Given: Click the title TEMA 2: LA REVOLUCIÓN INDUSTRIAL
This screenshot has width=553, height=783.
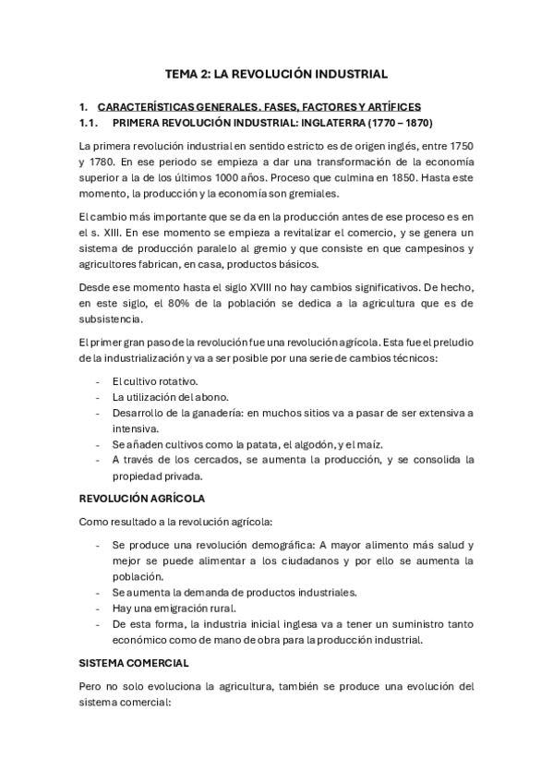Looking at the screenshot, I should pos(276,74).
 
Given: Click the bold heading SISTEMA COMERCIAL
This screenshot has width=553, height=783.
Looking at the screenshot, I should pos(135,663).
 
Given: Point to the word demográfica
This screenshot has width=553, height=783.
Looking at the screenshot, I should pos(267,545).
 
